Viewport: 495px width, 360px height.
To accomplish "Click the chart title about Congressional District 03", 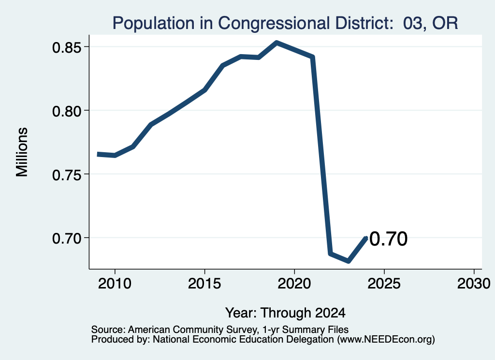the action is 285,23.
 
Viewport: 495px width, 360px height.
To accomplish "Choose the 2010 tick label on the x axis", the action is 115,283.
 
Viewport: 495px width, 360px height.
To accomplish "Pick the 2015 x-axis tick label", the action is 204,283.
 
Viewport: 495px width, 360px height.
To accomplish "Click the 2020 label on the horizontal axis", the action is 294,283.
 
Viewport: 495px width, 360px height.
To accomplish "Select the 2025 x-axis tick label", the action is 384,283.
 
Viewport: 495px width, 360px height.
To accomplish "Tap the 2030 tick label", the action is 474,283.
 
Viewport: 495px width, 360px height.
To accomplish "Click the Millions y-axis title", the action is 22,152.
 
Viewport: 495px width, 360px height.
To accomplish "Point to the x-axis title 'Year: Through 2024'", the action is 285,313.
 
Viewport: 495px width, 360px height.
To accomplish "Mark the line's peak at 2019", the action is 277,43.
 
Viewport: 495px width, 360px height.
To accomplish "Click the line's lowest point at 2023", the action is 348,261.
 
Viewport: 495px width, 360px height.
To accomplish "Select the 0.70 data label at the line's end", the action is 388,239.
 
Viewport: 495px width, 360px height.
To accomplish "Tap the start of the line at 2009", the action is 98,154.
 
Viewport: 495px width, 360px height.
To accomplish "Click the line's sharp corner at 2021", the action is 313,57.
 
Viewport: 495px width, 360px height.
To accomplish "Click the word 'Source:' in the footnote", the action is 109,330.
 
